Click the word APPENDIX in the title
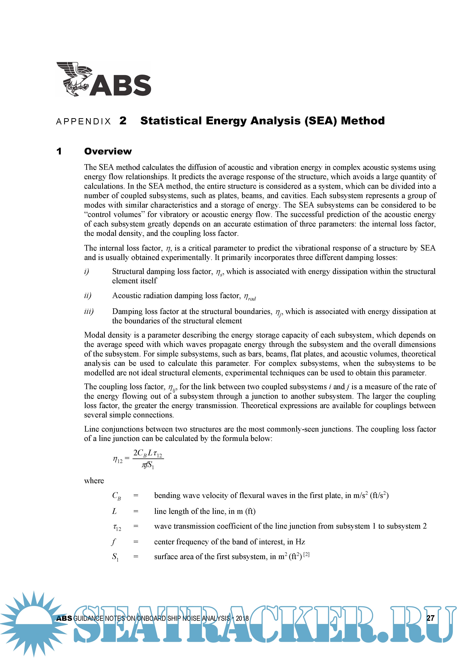coord(83,122)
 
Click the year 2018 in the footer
coord(242,618)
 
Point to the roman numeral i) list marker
coord(87,271)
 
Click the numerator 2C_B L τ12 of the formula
coord(148,453)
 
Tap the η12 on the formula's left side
coord(117,460)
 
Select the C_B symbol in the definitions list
coord(116,496)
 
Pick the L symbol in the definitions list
coord(114,511)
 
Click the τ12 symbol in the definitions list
coord(117,527)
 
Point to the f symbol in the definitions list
coord(114,542)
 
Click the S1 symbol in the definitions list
coord(115,557)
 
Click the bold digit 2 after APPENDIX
coord(123,121)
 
